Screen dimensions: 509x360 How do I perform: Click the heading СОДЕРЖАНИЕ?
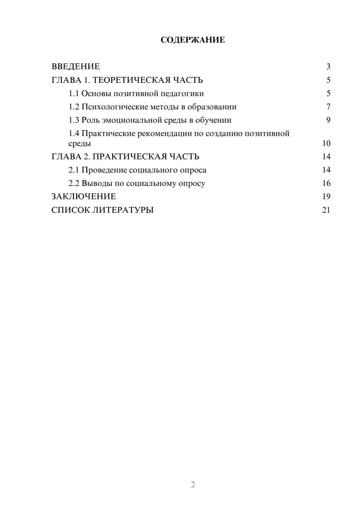click(x=193, y=40)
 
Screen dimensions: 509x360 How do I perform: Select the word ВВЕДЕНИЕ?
click(x=76, y=67)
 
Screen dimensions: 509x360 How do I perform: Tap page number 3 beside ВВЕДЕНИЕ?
click(x=328, y=67)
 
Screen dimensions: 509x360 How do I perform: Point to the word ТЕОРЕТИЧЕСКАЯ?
click(x=129, y=80)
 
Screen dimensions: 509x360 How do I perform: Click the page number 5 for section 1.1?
click(x=328, y=94)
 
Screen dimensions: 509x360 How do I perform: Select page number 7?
click(x=328, y=107)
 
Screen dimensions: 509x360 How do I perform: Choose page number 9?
click(x=328, y=120)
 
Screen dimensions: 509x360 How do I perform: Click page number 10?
click(x=326, y=143)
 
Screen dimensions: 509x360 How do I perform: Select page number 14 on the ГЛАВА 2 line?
click(x=326, y=157)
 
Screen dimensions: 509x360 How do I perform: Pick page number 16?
click(x=326, y=183)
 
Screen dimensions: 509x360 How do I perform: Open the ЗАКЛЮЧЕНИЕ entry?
click(x=84, y=197)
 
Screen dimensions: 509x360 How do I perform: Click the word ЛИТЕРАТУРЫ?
click(x=123, y=210)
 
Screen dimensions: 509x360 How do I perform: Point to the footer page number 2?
click(x=193, y=485)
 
